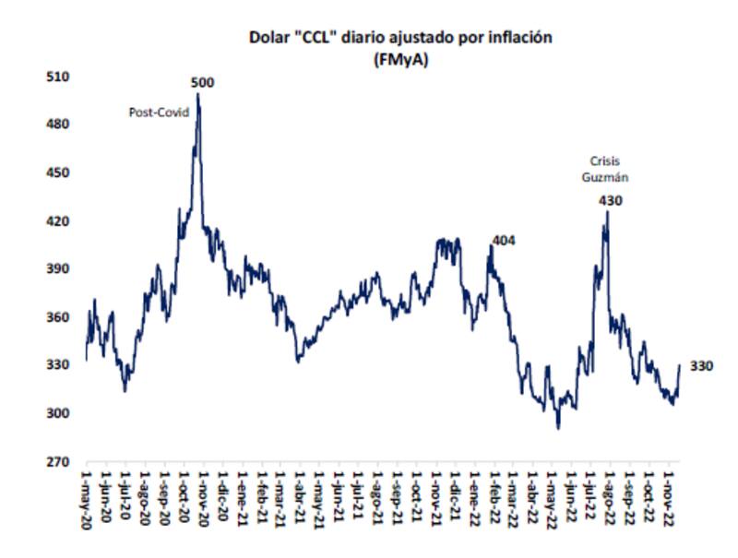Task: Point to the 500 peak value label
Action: [x=202, y=83]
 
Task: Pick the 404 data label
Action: [x=504, y=241]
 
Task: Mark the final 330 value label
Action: [x=701, y=366]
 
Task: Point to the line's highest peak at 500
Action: [x=198, y=94]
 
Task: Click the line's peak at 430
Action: [x=607, y=211]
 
